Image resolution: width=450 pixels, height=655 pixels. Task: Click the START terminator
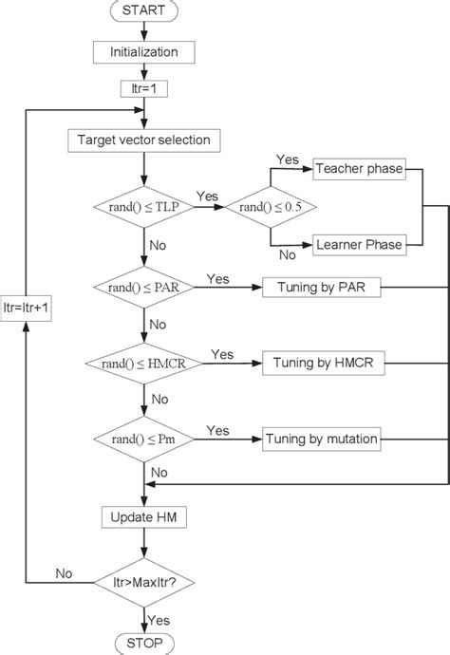pyautogui.click(x=145, y=12)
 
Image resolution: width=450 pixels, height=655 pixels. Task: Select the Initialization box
pyautogui.click(x=145, y=52)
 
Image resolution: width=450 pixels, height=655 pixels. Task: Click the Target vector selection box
pyautogui.click(x=144, y=141)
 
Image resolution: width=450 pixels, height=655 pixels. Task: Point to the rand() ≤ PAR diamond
pyautogui.click(x=144, y=286)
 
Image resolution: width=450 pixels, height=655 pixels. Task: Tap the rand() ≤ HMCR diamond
pyautogui.click(x=144, y=362)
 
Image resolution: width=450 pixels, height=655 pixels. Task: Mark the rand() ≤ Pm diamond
pyautogui.click(x=144, y=438)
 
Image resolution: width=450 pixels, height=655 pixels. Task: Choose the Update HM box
pyautogui.click(x=144, y=517)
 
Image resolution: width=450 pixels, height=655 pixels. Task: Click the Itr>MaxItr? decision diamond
pyautogui.click(x=144, y=581)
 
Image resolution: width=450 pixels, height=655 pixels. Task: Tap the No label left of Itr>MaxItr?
pyautogui.click(x=64, y=572)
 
